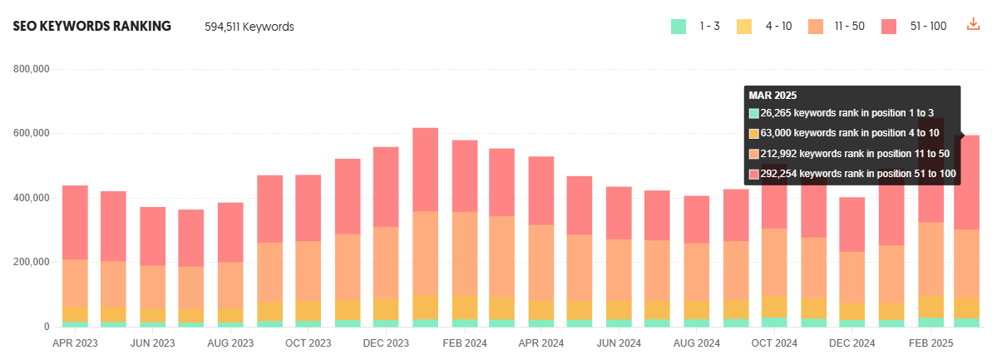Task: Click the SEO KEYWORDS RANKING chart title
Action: coord(91,26)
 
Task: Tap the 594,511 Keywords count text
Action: coord(249,27)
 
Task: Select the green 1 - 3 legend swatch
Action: coord(679,26)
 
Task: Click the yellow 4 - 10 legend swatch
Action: coord(744,26)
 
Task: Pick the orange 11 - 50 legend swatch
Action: coord(816,26)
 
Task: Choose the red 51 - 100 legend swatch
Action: coord(889,26)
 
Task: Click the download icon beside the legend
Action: coord(973,25)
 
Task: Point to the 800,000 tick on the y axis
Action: coord(32,69)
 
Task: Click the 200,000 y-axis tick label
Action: coord(32,262)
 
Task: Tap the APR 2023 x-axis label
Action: coord(75,343)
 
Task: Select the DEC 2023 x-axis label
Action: coord(386,343)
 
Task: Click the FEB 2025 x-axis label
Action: coord(930,343)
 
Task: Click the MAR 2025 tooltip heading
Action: coord(773,96)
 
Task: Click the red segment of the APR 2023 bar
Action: coord(75,223)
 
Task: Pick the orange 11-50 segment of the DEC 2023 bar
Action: coord(386,263)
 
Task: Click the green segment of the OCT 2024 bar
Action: coord(774,322)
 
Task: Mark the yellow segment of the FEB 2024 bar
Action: coord(464,308)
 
